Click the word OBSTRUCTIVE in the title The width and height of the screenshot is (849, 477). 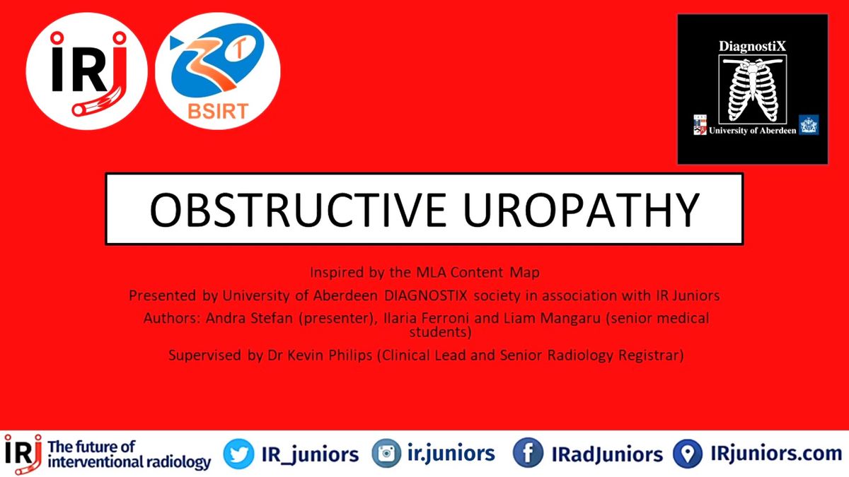298,210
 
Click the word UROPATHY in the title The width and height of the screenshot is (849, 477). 581,210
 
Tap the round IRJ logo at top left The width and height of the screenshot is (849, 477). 87,71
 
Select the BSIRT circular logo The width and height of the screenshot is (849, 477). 218,71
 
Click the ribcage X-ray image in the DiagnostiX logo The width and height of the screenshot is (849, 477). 752,89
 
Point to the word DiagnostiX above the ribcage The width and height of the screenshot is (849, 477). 752,46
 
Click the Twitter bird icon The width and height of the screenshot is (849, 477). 238,454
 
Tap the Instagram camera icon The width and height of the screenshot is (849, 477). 386,453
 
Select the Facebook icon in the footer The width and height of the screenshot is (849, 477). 528,453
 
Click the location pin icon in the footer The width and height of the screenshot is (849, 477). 688,454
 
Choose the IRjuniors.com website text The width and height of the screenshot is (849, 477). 776,454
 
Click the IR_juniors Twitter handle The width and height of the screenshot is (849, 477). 310,454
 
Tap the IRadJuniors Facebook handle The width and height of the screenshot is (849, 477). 607,454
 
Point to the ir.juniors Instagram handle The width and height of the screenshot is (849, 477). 451,454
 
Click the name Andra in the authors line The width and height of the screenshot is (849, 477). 224,318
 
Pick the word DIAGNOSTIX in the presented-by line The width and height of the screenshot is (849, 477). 426,295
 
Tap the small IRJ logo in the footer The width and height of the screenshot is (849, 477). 23,454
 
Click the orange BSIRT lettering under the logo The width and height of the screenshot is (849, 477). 218,112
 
